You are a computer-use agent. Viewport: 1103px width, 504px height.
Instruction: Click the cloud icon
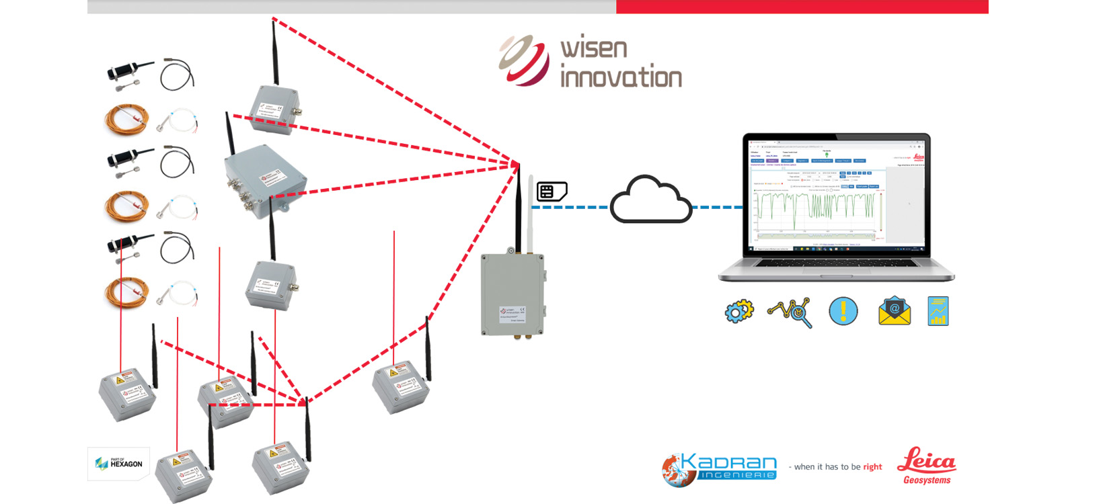(650, 200)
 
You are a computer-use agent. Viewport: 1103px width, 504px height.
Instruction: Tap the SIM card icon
(551, 192)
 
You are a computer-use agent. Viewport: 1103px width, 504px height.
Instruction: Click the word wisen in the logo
(593, 48)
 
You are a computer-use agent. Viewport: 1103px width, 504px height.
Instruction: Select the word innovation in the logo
(621, 77)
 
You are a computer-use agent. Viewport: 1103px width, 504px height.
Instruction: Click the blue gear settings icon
(739, 312)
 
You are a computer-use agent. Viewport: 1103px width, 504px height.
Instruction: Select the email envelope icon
(895, 312)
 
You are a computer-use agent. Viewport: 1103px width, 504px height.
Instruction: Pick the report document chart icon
(938, 311)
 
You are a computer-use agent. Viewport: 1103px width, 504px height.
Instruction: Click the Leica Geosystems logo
(927, 466)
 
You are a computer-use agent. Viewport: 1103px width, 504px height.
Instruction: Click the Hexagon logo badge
(118, 463)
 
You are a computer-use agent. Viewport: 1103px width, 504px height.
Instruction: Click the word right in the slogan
(872, 467)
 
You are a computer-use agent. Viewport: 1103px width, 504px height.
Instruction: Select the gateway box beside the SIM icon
(512, 294)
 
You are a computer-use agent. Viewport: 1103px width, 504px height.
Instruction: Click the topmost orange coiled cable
(126, 120)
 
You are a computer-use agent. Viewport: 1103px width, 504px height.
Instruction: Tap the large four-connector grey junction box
(264, 179)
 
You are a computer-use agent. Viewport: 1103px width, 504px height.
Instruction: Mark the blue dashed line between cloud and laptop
(717, 207)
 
